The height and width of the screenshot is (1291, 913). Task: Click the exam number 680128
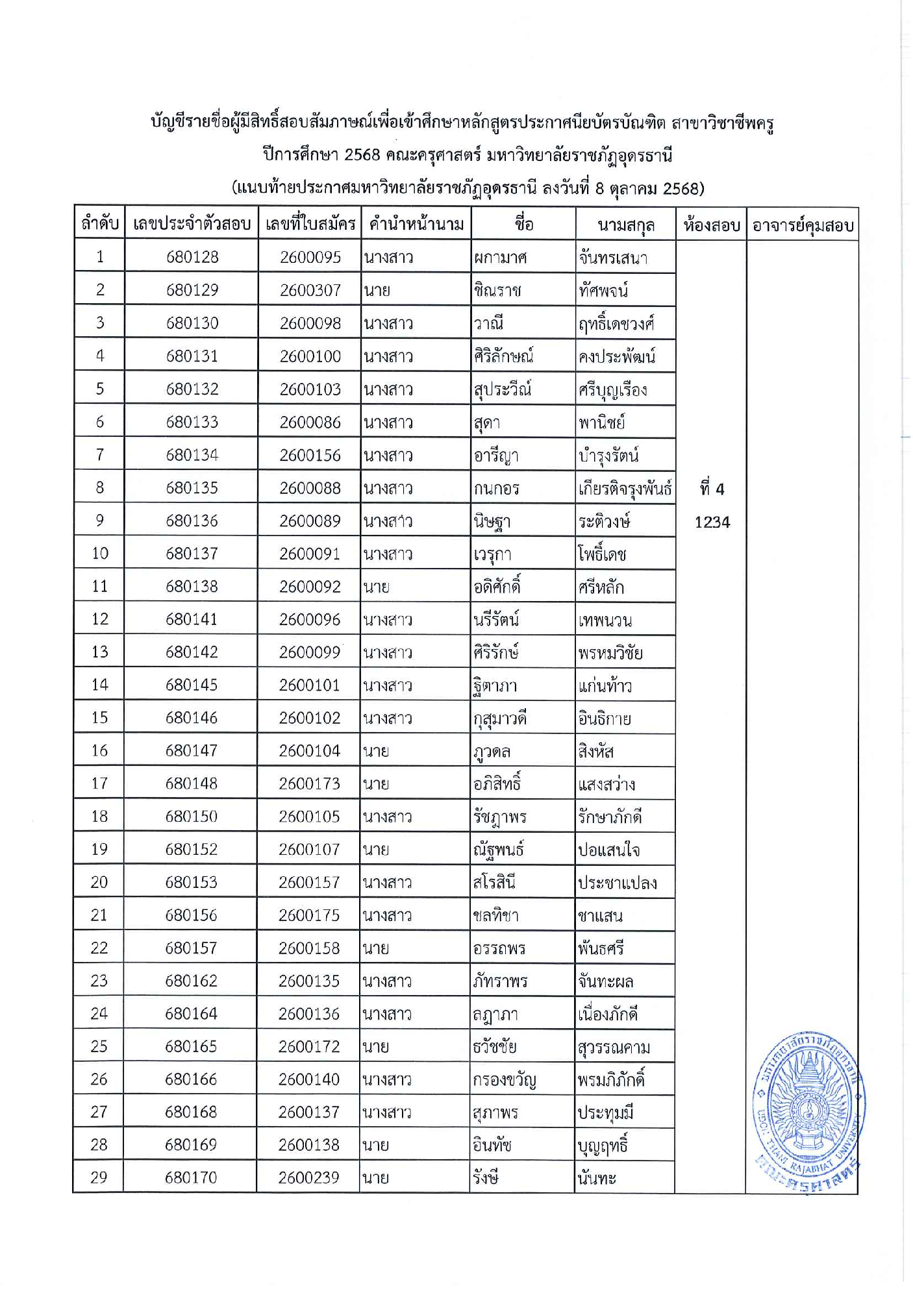pos(192,257)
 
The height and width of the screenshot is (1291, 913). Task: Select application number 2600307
pos(310,290)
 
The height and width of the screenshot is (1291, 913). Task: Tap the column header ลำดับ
pos(100,224)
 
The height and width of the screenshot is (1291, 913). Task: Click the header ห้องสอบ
pos(712,225)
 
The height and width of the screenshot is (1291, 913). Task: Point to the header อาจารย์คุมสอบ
pos(803,225)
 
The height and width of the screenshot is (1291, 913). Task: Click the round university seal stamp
pos(808,1111)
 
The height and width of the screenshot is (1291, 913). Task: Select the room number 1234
pos(712,522)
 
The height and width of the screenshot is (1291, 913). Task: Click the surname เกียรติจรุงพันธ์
pos(625,488)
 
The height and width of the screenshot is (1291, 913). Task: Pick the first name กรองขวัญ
pos(505,1079)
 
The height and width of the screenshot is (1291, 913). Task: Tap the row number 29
pos(99,1177)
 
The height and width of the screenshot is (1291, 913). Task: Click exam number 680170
pos(191,1177)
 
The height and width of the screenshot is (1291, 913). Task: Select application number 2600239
pos(309,1177)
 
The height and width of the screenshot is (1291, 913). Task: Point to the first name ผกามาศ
pos(500,258)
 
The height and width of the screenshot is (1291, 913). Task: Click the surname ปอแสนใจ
pos(608,850)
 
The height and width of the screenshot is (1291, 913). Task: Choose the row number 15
pos(99,718)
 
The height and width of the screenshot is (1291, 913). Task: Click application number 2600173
pos(310,783)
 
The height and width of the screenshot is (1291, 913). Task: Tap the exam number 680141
pos(192,619)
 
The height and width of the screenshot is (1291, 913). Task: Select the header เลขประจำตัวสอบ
pos(192,224)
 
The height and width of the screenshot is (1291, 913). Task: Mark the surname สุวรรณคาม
pos(614,1047)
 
